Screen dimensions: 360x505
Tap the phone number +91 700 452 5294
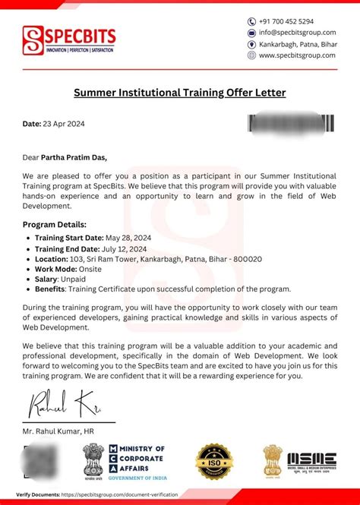[x=286, y=21]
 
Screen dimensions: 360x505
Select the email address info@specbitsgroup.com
[x=297, y=33]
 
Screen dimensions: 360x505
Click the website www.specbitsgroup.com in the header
[x=297, y=55]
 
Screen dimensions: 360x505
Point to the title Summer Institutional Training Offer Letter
[x=179, y=93]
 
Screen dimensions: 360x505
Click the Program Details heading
[x=55, y=225]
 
